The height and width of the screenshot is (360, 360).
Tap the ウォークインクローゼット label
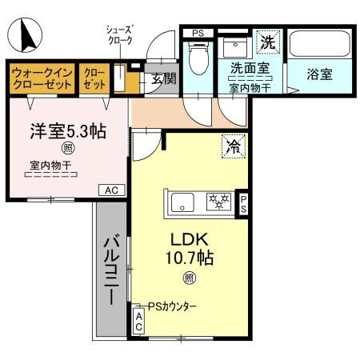click(x=42, y=78)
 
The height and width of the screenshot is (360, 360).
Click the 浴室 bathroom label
click(x=320, y=74)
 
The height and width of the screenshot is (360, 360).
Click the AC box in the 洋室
click(x=110, y=190)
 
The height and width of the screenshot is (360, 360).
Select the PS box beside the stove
click(x=243, y=203)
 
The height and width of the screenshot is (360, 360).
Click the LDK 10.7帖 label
click(x=189, y=248)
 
